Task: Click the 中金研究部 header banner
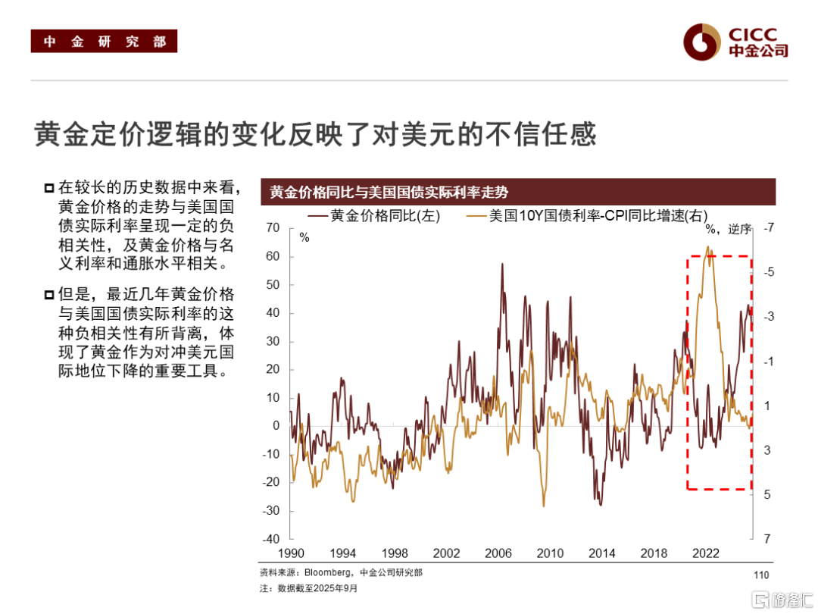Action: [104, 41]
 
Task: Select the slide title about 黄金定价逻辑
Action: [316, 134]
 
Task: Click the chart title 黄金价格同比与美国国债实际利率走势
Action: [389, 193]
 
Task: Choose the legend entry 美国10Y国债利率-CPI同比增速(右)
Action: [588, 216]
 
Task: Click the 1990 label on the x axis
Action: [292, 553]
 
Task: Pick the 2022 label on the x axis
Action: [706, 553]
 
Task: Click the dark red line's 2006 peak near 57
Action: [502, 264]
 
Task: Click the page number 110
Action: [761, 575]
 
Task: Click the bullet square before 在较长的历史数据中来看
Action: [49, 187]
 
